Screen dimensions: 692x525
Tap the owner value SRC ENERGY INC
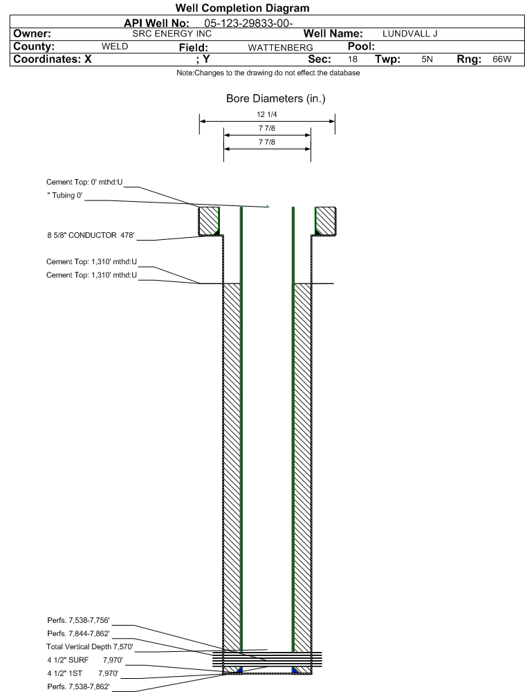(172, 33)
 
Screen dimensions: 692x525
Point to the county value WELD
(116, 46)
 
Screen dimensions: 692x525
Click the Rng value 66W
(501, 59)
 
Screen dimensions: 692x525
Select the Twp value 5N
(427, 59)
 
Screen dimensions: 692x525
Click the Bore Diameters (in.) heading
(275, 99)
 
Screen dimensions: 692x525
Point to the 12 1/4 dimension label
(266, 114)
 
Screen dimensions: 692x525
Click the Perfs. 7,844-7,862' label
(78, 633)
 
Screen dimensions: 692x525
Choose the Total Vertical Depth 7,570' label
(89, 646)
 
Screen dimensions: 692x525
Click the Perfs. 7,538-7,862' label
(78, 686)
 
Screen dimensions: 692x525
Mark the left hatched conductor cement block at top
(209, 221)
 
